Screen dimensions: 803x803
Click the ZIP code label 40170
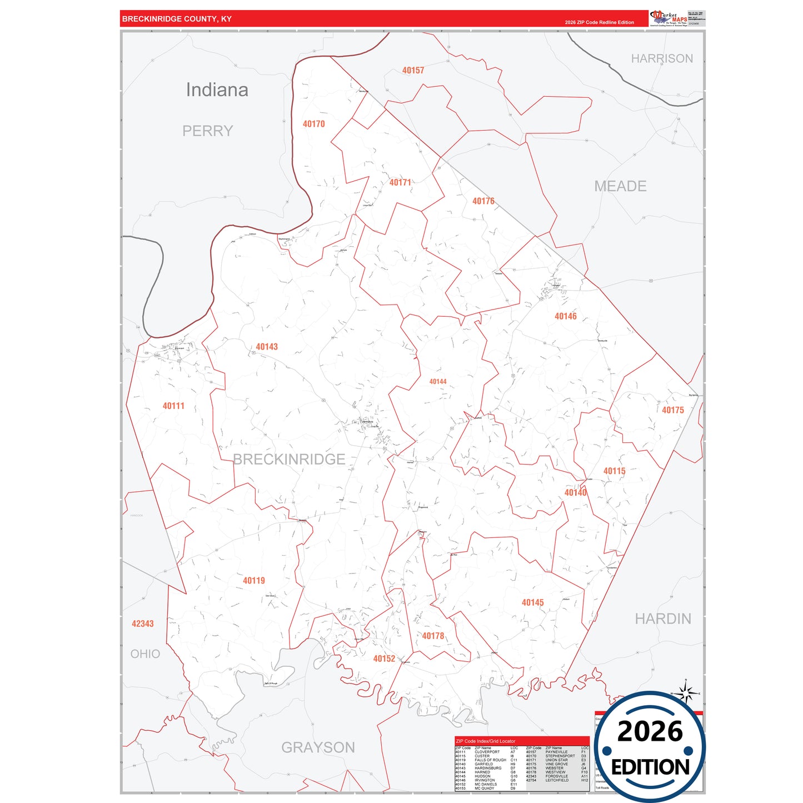click(x=313, y=124)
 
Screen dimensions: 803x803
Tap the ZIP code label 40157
click(x=413, y=71)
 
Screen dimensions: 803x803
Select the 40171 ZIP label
click(x=400, y=182)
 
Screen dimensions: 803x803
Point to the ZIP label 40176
click(x=483, y=201)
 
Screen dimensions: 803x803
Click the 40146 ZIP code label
click(x=565, y=316)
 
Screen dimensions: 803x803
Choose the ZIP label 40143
click(x=266, y=347)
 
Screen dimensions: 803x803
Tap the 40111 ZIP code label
click(x=173, y=406)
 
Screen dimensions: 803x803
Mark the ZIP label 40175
click(x=672, y=410)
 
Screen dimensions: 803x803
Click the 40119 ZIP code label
click(x=253, y=581)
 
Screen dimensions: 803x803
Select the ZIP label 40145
click(x=532, y=602)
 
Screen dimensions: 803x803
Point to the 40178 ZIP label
click(x=433, y=636)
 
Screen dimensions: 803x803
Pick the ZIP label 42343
click(x=142, y=624)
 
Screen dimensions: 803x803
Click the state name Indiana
click(x=217, y=90)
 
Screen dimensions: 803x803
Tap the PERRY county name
click(x=207, y=131)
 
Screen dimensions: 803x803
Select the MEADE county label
click(x=620, y=186)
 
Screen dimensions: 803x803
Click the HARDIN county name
click(x=663, y=619)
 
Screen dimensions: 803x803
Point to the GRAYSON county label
click(x=318, y=747)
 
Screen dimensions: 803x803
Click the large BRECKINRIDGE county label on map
click(x=289, y=460)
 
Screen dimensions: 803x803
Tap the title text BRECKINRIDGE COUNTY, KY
click(x=177, y=19)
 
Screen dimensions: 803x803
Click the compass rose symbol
click(x=687, y=693)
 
